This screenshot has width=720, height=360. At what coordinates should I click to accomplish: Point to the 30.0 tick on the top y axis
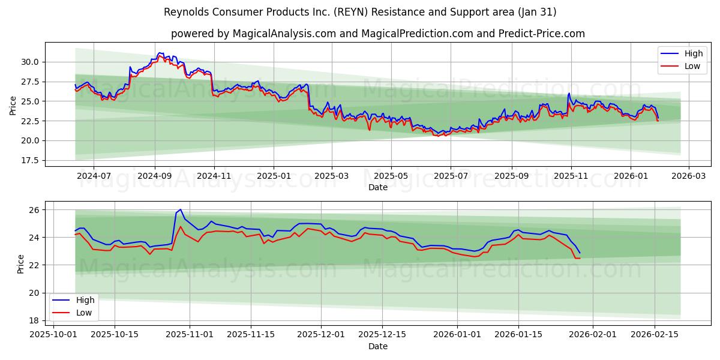[30, 62]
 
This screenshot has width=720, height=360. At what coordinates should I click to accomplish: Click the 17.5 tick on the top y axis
[30, 160]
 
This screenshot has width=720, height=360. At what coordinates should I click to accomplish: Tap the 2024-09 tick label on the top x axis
[155, 176]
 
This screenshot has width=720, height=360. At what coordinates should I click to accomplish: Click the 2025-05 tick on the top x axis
[391, 176]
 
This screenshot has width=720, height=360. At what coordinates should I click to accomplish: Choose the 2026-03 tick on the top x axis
[688, 176]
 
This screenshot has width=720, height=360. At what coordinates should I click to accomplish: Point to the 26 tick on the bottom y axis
[34, 210]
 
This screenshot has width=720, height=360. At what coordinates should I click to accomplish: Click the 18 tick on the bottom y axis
[34, 320]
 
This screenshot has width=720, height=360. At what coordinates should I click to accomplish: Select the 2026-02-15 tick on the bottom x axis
[654, 334]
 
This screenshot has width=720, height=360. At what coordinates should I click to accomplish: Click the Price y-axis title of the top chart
[13, 106]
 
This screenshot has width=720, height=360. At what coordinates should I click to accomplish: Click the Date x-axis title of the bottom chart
[378, 346]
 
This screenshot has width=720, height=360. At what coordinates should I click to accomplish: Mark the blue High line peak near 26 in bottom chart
[180, 209]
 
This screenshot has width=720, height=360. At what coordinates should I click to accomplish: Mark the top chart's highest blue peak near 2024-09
[159, 53]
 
